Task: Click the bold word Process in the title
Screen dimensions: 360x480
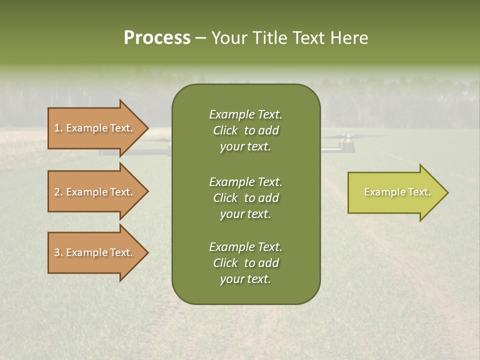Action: pos(157,38)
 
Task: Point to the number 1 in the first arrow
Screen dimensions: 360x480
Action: pos(57,128)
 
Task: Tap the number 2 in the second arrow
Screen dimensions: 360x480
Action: pos(57,192)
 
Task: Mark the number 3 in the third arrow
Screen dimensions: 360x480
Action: pos(57,252)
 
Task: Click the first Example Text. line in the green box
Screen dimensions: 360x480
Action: pos(245,114)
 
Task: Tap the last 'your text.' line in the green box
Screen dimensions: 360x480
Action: pos(245,279)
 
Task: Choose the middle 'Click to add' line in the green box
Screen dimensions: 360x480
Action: pos(245,198)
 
